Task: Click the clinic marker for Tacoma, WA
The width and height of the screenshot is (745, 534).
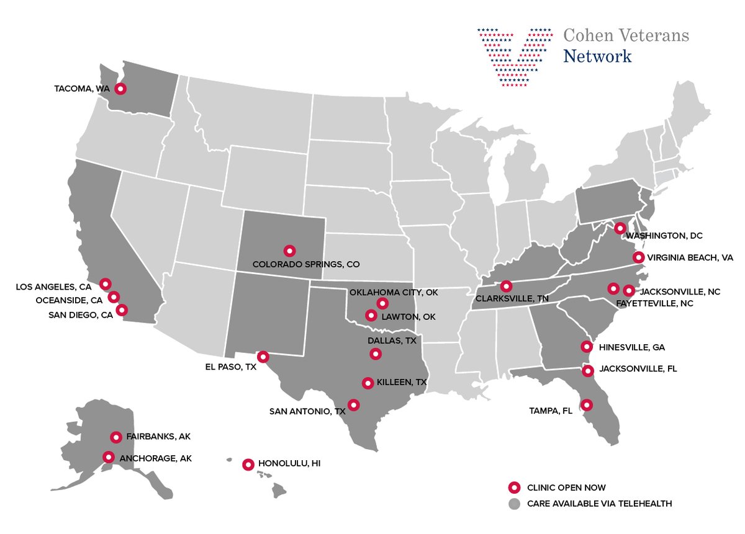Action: point(121,89)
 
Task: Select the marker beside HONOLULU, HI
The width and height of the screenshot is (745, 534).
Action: point(248,464)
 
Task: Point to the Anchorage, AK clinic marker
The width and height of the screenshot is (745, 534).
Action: point(109,457)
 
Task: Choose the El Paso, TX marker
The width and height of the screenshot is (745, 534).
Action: point(263,357)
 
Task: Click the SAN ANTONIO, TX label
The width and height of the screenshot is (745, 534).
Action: point(307,411)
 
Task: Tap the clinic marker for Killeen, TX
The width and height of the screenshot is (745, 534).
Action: point(368,383)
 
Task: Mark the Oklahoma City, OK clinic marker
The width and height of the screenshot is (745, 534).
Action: point(382,303)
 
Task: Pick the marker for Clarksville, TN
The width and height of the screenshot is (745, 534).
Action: point(506,286)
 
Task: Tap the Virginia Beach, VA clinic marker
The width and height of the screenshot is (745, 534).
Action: point(638,257)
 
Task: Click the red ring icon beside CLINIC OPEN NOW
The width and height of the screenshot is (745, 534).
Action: point(513,487)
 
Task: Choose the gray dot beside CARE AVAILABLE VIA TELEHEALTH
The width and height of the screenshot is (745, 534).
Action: point(513,504)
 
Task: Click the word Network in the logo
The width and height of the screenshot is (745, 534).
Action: point(597,56)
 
